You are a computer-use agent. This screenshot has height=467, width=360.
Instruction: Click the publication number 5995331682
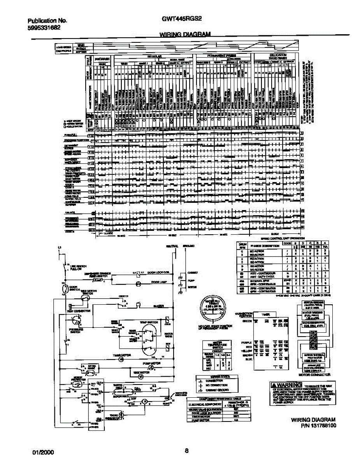(x=44, y=28)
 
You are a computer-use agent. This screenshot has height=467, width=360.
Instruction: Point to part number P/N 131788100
(x=314, y=426)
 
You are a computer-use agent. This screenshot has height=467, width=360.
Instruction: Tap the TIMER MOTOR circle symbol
(x=121, y=359)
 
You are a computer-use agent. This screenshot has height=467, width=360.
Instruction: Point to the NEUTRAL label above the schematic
(x=172, y=246)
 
